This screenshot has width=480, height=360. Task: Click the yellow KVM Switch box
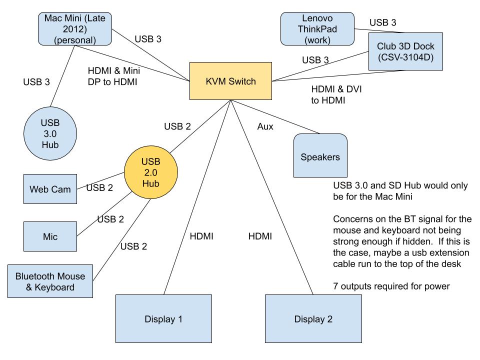click(230, 81)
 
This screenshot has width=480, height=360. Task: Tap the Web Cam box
click(50, 189)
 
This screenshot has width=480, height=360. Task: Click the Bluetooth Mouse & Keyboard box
click(50, 281)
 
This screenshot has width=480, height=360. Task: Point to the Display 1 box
click(163, 318)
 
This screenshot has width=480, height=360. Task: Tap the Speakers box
click(320, 156)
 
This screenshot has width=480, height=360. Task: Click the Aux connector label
click(265, 126)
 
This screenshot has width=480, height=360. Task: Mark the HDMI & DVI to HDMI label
click(336, 94)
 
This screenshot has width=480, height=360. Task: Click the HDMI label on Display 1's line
click(201, 236)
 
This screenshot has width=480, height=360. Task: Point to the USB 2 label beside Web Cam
click(100, 188)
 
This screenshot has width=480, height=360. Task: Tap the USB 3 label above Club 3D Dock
click(383, 22)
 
